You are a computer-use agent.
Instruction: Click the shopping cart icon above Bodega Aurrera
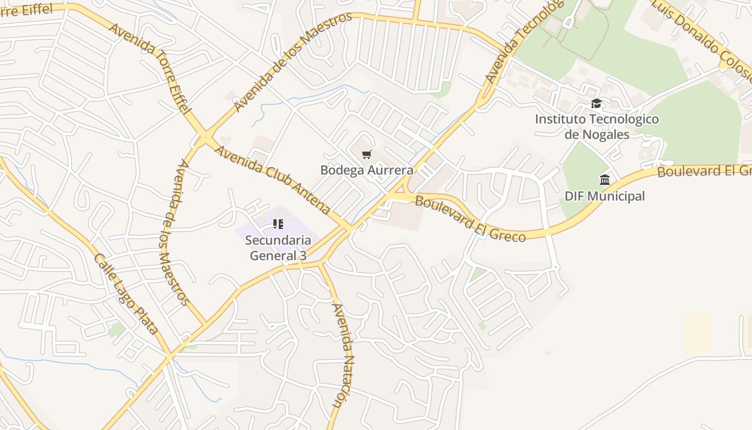(x=367, y=155)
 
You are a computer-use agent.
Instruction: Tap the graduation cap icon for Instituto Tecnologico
(x=596, y=103)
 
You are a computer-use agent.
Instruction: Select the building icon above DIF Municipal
(x=605, y=180)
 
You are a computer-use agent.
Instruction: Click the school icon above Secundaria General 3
(x=278, y=224)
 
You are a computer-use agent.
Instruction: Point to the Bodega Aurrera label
(x=367, y=170)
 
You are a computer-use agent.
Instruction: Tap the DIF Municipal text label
(x=605, y=196)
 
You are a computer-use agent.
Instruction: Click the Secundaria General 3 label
(x=278, y=248)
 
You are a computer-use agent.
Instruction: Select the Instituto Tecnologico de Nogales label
(x=597, y=126)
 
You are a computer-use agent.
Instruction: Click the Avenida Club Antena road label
(x=272, y=180)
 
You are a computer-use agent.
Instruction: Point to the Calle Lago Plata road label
(x=126, y=293)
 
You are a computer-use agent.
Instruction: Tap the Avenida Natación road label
(x=342, y=363)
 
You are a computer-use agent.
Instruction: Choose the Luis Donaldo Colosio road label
(x=704, y=40)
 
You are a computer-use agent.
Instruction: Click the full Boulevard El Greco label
(x=470, y=219)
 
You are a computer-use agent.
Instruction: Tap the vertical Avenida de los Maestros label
(x=175, y=232)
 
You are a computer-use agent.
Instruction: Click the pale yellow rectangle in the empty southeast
(x=697, y=333)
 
